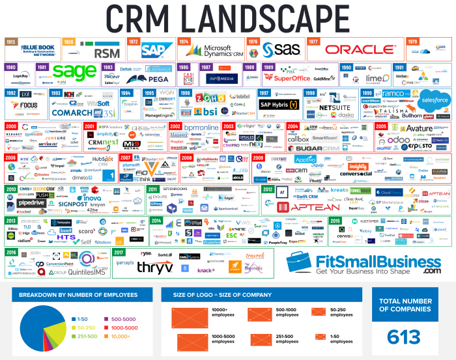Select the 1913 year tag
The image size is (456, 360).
click(x=11, y=41)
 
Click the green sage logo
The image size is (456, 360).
click(x=74, y=70)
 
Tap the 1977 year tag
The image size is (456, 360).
click(x=313, y=41)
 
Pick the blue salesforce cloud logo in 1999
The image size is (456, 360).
click(x=435, y=100)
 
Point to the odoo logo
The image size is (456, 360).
click(x=399, y=139)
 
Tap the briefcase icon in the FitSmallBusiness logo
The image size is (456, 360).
click(x=303, y=262)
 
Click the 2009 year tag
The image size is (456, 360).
click(x=259, y=158)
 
